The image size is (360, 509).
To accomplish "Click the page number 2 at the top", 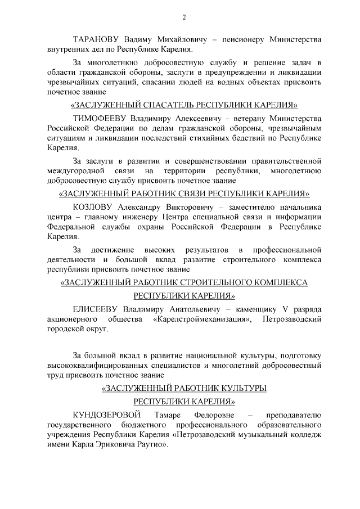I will pos(183,17).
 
